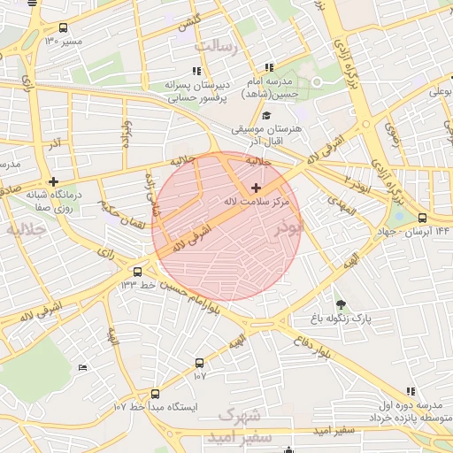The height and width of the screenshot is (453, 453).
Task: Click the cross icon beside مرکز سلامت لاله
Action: point(257,188)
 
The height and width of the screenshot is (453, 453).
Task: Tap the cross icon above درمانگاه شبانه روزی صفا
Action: point(54,180)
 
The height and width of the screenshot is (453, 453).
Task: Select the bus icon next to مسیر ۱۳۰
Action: point(62,27)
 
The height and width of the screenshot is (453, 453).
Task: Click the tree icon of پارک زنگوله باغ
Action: point(342,303)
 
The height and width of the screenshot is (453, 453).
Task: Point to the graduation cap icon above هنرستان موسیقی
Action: point(266,115)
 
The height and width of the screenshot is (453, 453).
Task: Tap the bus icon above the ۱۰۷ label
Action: point(199,363)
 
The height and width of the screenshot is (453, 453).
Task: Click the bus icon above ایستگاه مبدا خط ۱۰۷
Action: point(156,394)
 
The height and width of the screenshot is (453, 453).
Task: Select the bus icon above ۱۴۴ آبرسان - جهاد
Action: point(422,218)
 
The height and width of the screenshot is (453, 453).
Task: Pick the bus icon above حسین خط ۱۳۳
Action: point(137,272)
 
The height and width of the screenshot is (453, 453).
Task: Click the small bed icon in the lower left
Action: point(83,367)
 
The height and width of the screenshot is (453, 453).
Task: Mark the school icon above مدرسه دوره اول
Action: point(410,391)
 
